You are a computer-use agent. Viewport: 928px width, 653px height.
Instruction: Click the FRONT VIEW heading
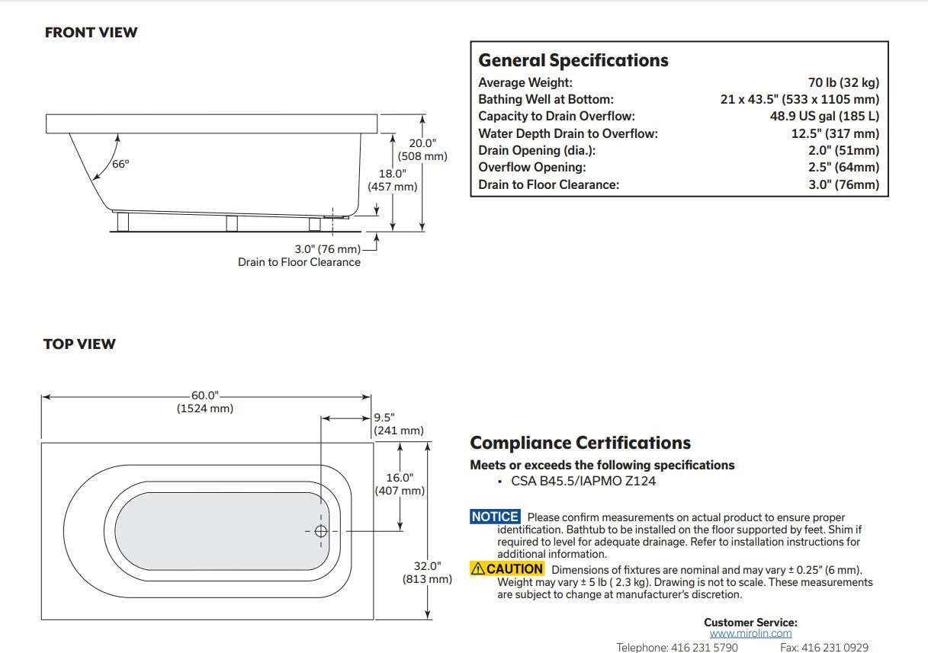[x=91, y=33]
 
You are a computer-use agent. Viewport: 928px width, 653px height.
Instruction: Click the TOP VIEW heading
[x=79, y=344]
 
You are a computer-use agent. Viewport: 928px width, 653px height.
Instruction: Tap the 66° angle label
[x=120, y=164]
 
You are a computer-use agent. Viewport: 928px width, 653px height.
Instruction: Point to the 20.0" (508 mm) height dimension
[x=422, y=149]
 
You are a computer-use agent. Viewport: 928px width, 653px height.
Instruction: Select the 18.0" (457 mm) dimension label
[x=393, y=180]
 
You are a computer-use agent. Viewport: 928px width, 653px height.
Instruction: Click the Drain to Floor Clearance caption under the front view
[x=299, y=262]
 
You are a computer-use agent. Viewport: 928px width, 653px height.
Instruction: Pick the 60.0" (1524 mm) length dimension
[x=204, y=402]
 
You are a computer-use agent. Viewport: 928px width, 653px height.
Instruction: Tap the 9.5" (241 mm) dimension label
[x=398, y=424]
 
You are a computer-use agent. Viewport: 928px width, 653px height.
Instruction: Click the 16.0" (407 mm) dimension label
[x=400, y=484]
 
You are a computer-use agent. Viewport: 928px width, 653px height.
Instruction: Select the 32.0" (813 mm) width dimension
[x=428, y=572]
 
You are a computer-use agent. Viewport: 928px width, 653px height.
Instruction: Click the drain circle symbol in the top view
[x=320, y=531]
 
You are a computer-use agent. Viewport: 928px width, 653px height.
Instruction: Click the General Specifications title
[x=573, y=60]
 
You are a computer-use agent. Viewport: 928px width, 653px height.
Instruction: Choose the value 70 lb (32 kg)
[x=843, y=82]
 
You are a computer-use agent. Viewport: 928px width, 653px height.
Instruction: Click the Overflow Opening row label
[x=532, y=167]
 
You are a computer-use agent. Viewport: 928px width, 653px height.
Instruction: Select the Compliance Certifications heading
[x=580, y=443]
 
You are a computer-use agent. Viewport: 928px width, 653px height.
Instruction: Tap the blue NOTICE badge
[x=495, y=517]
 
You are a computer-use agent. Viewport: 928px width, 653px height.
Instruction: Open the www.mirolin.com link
[x=750, y=633]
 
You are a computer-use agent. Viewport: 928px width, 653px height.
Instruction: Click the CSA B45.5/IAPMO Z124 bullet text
[x=583, y=481]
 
